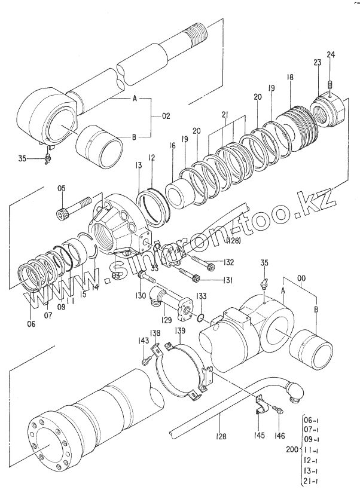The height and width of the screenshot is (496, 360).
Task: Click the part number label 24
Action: (330, 56)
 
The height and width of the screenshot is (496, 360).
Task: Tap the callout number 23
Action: (318, 62)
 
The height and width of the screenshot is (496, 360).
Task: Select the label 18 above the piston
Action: (290, 77)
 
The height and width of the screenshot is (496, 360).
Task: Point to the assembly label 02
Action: (166, 115)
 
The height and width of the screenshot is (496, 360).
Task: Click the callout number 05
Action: (61, 191)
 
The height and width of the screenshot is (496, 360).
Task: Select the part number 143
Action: (144, 341)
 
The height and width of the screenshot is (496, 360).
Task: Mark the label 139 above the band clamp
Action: (179, 331)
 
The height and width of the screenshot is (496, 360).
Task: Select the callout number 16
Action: (172, 146)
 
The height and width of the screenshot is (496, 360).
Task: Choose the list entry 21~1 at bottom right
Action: (313, 482)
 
